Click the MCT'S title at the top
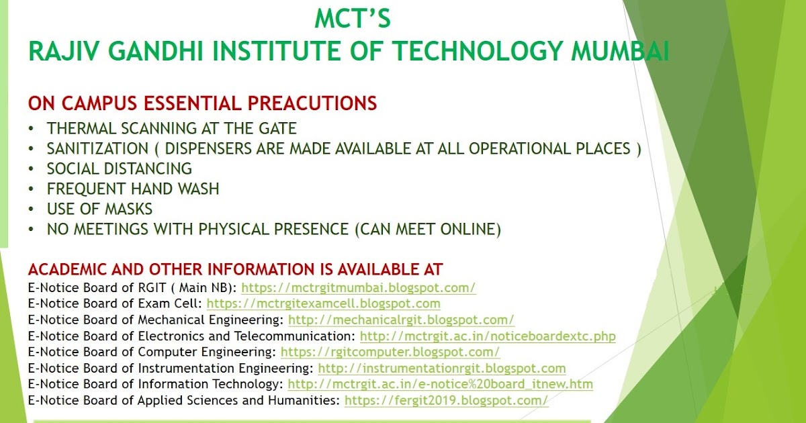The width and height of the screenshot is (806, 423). pos(353,19)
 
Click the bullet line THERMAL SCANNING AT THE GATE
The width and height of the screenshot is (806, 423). pos(171,128)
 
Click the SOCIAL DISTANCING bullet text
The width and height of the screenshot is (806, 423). pos(120,169)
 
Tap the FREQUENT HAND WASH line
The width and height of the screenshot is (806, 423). pos(133,189)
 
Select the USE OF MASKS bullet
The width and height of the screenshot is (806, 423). pos(99,209)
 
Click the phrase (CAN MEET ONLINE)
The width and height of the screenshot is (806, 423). pos(428,230)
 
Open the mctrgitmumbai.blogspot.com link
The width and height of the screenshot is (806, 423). pos(359,287)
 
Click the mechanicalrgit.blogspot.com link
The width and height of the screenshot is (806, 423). pos(401,320)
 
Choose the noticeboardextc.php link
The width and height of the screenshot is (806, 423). pos(488,336)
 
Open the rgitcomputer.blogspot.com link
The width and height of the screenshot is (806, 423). pos(390,352)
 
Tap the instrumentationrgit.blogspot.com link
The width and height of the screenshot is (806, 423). pos(442,368)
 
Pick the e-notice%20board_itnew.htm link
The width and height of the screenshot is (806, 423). pos(440,384)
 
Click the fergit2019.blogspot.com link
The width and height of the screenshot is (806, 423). pos(447,401)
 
